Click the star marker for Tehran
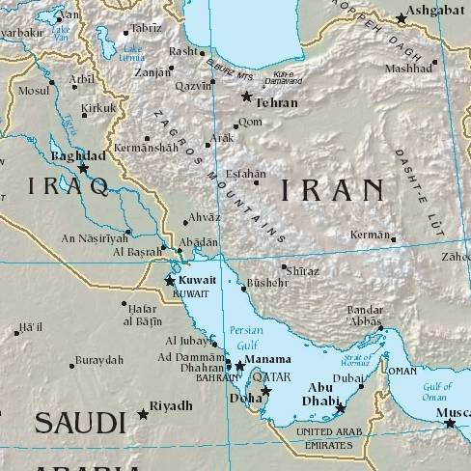247,97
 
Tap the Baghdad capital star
83,168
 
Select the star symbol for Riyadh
144,414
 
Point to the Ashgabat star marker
402,18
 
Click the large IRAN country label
333,189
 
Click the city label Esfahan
244,175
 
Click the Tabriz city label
147,28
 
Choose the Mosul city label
34,90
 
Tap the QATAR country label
270,376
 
